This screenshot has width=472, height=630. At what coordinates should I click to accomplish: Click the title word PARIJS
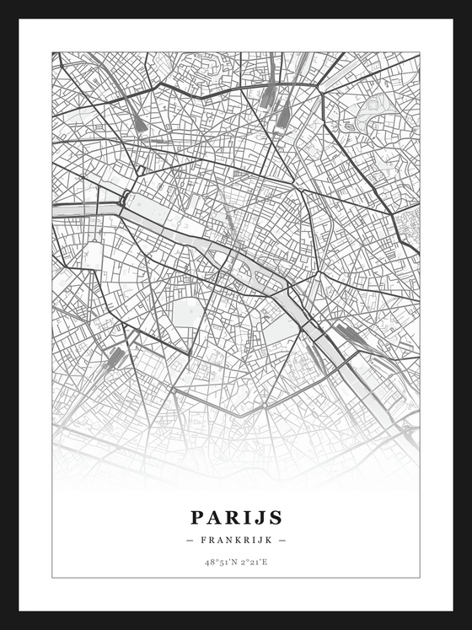click(236, 517)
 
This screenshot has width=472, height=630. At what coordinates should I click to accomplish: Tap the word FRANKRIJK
click(236, 540)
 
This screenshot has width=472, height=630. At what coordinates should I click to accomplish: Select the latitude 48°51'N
click(218, 562)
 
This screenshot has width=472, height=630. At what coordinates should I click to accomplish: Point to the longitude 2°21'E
click(254, 562)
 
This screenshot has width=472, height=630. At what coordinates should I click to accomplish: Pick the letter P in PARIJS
click(196, 517)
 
